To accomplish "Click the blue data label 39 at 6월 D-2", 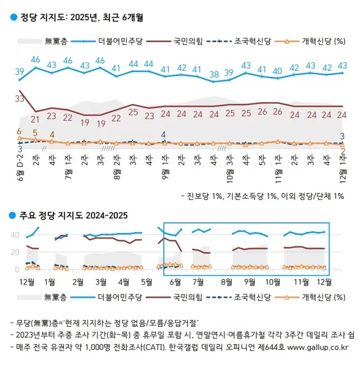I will point(20,71).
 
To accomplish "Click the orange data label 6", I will point(19,131).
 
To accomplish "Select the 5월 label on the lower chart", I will point(146,282).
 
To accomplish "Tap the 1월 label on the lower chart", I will point(50,282).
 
